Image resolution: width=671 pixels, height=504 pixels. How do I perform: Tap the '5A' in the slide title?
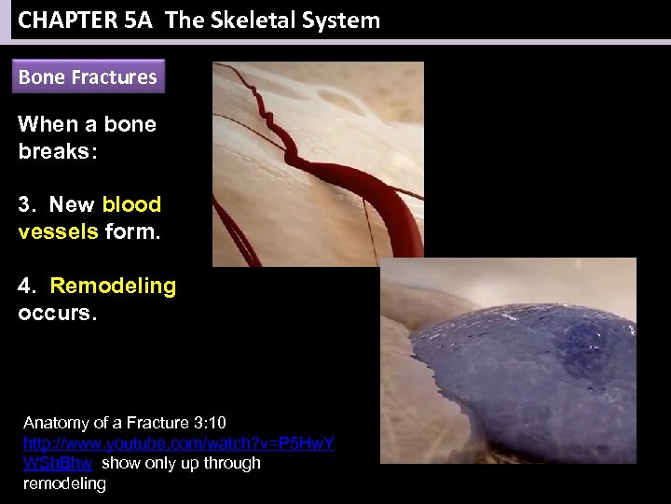click(136, 21)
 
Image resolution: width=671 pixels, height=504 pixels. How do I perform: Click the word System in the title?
click(343, 21)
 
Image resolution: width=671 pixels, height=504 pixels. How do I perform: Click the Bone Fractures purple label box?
click(89, 77)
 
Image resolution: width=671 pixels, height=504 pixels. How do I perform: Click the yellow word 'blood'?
click(131, 204)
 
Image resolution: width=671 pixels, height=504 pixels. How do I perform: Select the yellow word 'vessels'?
click(58, 231)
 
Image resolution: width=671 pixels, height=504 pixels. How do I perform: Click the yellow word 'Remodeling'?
click(113, 286)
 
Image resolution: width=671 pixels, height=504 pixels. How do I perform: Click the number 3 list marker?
click(26, 204)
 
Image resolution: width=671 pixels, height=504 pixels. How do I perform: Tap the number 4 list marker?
click(26, 286)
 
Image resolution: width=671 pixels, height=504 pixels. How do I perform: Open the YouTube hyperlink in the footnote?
click(177, 442)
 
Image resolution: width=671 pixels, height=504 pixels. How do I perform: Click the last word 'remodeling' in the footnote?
click(64, 483)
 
